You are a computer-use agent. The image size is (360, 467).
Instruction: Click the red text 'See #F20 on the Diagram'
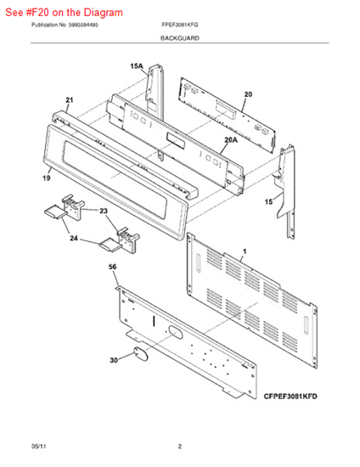tap(64, 13)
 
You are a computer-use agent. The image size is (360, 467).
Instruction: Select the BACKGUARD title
tap(180, 38)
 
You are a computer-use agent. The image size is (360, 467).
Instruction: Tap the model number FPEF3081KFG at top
tap(180, 25)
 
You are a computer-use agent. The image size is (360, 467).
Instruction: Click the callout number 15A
tap(137, 66)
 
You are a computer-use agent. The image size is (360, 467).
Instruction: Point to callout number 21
tap(70, 100)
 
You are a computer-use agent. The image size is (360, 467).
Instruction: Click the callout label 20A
tap(231, 139)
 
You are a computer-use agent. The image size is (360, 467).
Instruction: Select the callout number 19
tap(47, 178)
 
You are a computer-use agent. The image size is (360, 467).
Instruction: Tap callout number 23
tap(104, 211)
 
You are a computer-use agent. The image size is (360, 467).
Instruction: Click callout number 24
tap(74, 239)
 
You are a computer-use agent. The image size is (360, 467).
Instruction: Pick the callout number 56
tap(113, 267)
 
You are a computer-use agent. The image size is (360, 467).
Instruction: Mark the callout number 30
tap(114, 360)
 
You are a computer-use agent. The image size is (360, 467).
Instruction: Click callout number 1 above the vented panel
tap(245, 251)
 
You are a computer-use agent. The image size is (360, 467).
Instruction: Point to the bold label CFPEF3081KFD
tap(290, 397)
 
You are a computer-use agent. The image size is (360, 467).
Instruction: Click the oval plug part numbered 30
tap(139, 354)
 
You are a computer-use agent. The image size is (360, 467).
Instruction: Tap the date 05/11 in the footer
tap(39, 447)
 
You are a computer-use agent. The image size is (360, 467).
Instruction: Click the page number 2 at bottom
tap(180, 447)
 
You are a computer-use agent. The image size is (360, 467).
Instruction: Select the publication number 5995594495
tap(83, 25)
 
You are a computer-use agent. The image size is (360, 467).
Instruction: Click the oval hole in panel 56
tap(175, 332)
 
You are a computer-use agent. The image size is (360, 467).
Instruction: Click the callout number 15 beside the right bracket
tap(268, 202)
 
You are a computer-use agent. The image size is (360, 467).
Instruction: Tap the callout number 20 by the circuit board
tap(248, 94)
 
